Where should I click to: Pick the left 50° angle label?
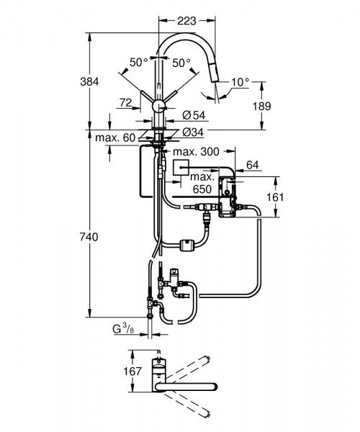[x=138, y=63]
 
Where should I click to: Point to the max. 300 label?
[x=195, y=152]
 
